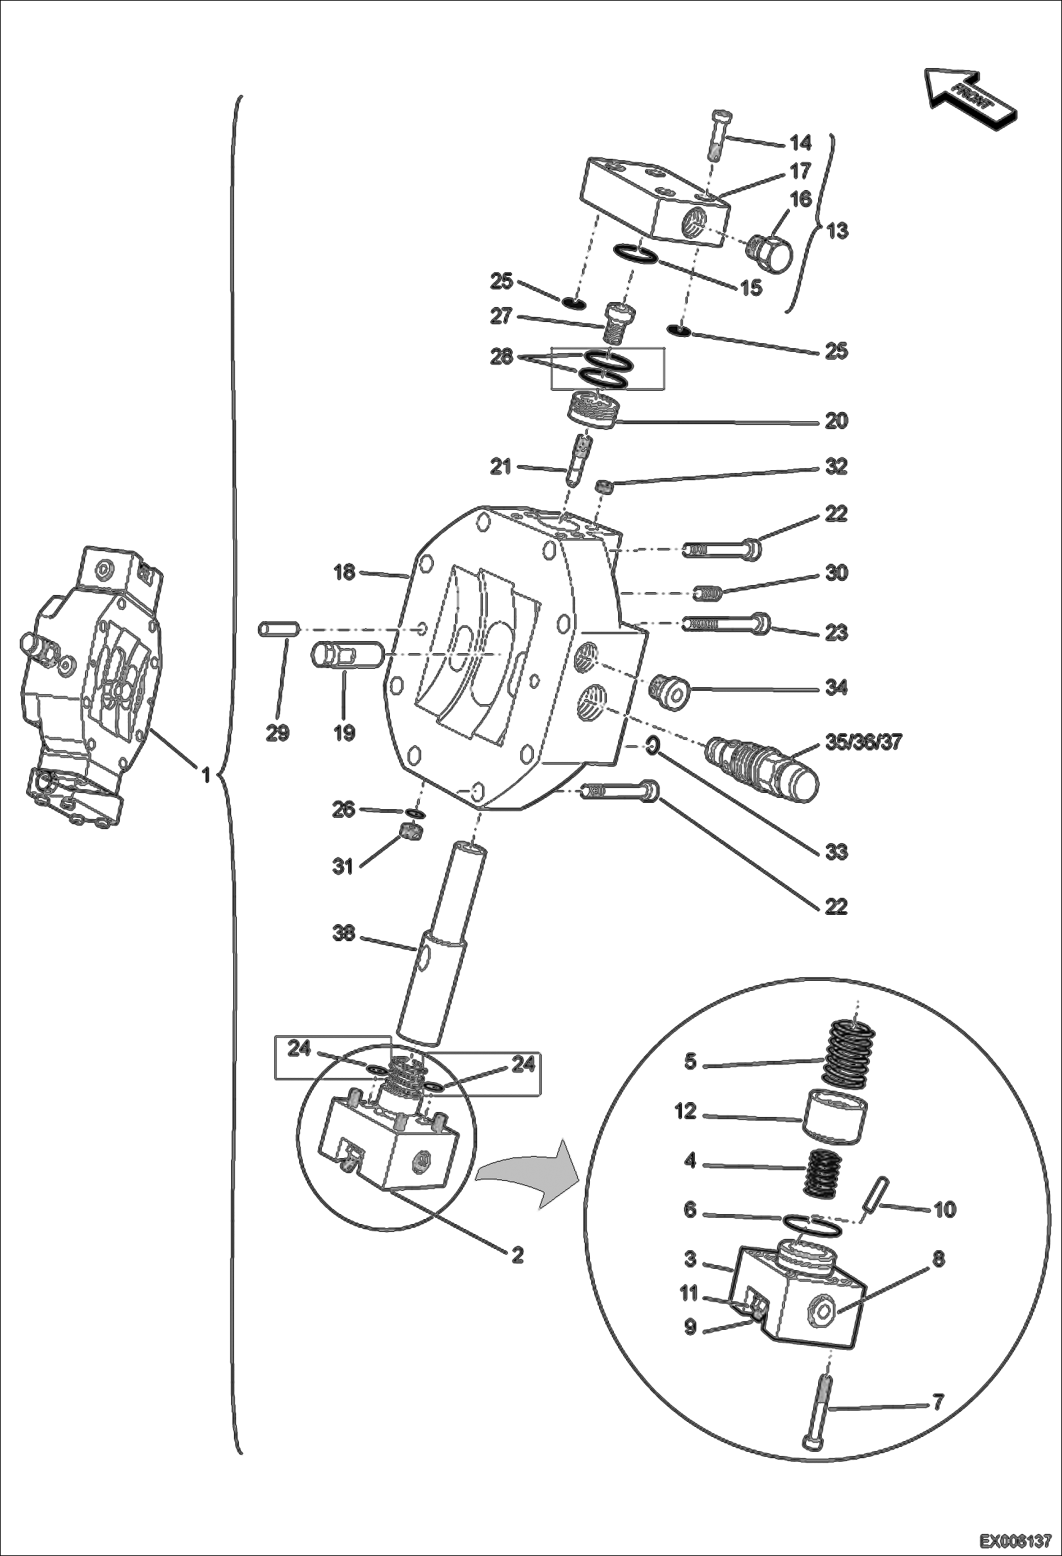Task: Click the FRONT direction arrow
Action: [x=971, y=98]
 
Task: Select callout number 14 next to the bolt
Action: [x=800, y=143]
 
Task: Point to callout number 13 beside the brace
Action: [x=837, y=231]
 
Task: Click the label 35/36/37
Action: [x=863, y=743]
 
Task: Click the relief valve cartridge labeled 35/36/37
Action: [x=761, y=766]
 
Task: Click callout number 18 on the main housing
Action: [x=345, y=572]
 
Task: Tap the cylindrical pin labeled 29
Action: [x=279, y=628]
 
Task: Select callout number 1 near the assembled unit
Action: [x=206, y=775]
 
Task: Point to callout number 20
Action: [x=837, y=421]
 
